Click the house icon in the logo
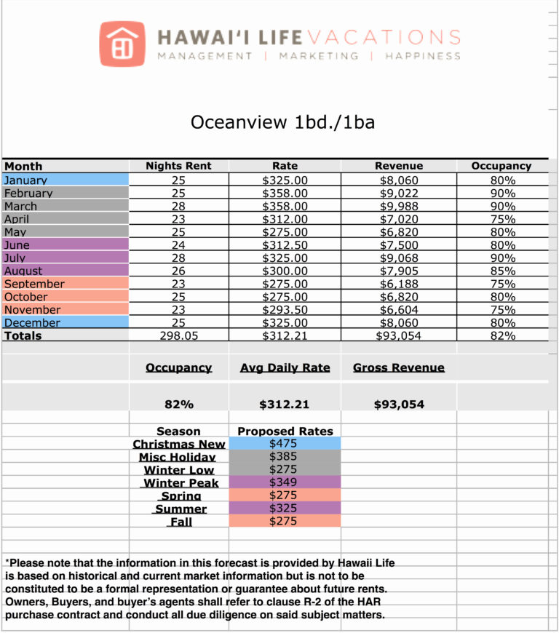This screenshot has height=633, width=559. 122,44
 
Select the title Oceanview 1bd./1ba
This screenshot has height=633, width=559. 282,122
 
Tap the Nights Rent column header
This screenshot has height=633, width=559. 178,166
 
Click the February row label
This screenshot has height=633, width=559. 28,194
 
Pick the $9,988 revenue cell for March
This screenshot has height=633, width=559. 398,207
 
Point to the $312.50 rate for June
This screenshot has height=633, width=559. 285,245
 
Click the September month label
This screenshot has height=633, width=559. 34,284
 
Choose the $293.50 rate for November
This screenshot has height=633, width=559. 285,310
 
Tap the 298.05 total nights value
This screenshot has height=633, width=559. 178,335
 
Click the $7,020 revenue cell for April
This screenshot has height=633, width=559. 398,219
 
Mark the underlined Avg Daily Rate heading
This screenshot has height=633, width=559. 285,368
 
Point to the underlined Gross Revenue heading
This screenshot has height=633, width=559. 398,368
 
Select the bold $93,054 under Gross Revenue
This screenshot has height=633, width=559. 398,404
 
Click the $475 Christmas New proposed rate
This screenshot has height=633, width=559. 285,443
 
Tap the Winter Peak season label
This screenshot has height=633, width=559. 179,483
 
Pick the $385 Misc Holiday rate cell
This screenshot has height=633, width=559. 285,456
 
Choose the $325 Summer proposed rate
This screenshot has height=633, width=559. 285,509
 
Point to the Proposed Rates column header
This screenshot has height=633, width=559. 285,431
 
